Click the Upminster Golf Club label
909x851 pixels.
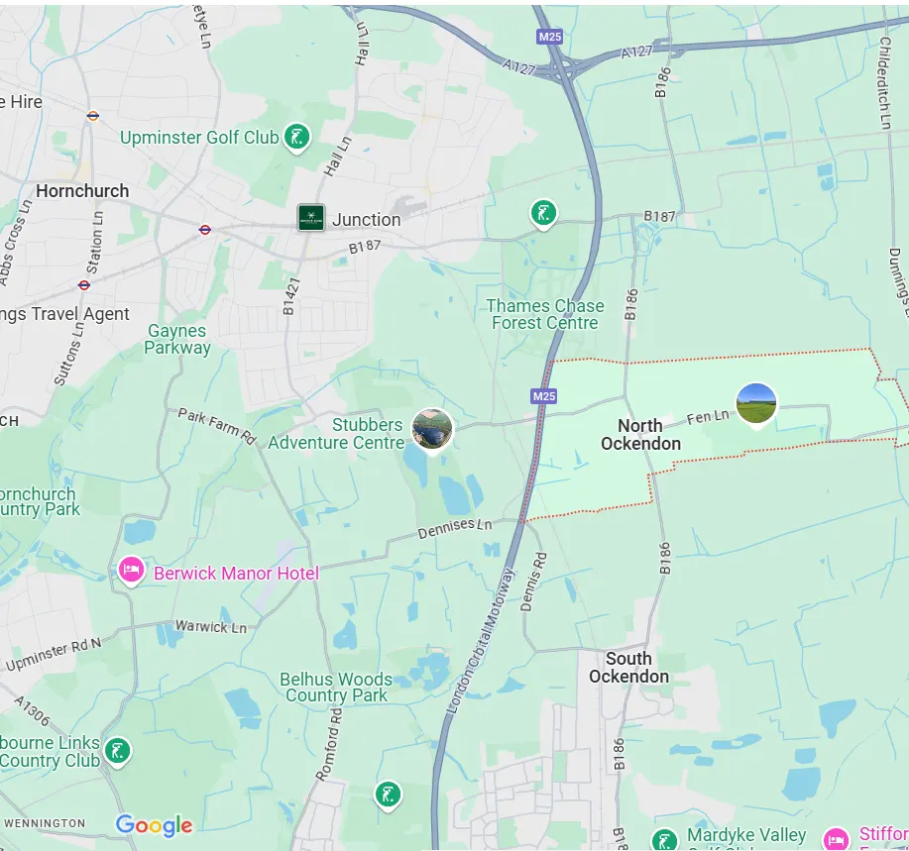[199, 138]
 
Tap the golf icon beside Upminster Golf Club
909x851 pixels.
[296, 137]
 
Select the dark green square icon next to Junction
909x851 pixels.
[311, 218]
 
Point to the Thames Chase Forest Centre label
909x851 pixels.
[545, 314]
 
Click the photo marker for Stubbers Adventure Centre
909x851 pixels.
[432, 429]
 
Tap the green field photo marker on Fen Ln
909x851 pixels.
[756, 403]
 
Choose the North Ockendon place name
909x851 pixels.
[640, 435]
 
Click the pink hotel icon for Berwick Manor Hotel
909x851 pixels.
[131, 570]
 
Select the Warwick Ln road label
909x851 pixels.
[211, 626]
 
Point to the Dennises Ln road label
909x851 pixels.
[454, 527]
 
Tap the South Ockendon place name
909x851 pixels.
[628, 668]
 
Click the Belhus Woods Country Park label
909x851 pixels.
[336, 688]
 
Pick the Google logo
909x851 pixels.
[155, 825]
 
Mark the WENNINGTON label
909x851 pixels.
[44, 823]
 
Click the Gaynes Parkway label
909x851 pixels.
[177, 339]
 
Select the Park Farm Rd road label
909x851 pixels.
[217, 426]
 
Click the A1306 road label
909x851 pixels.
[32, 710]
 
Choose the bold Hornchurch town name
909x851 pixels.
[82, 190]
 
